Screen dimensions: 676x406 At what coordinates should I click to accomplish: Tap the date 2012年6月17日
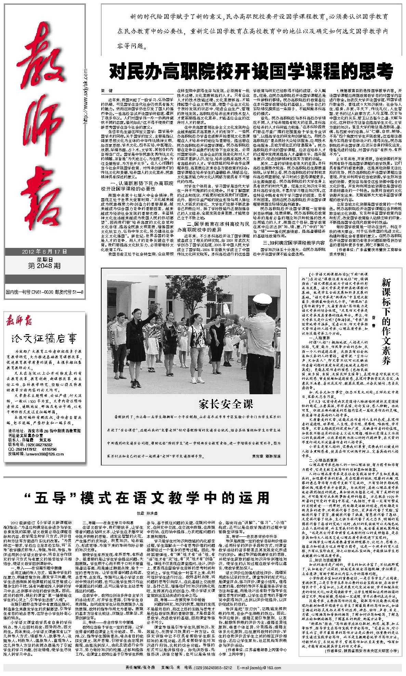coord(44,252)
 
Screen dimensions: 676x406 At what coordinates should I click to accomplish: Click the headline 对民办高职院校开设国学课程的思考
coord(251,72)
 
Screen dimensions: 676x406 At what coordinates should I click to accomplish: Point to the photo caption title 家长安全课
coord(226,404)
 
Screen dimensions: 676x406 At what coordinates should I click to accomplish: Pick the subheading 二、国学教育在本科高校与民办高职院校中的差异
coord(213,227)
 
